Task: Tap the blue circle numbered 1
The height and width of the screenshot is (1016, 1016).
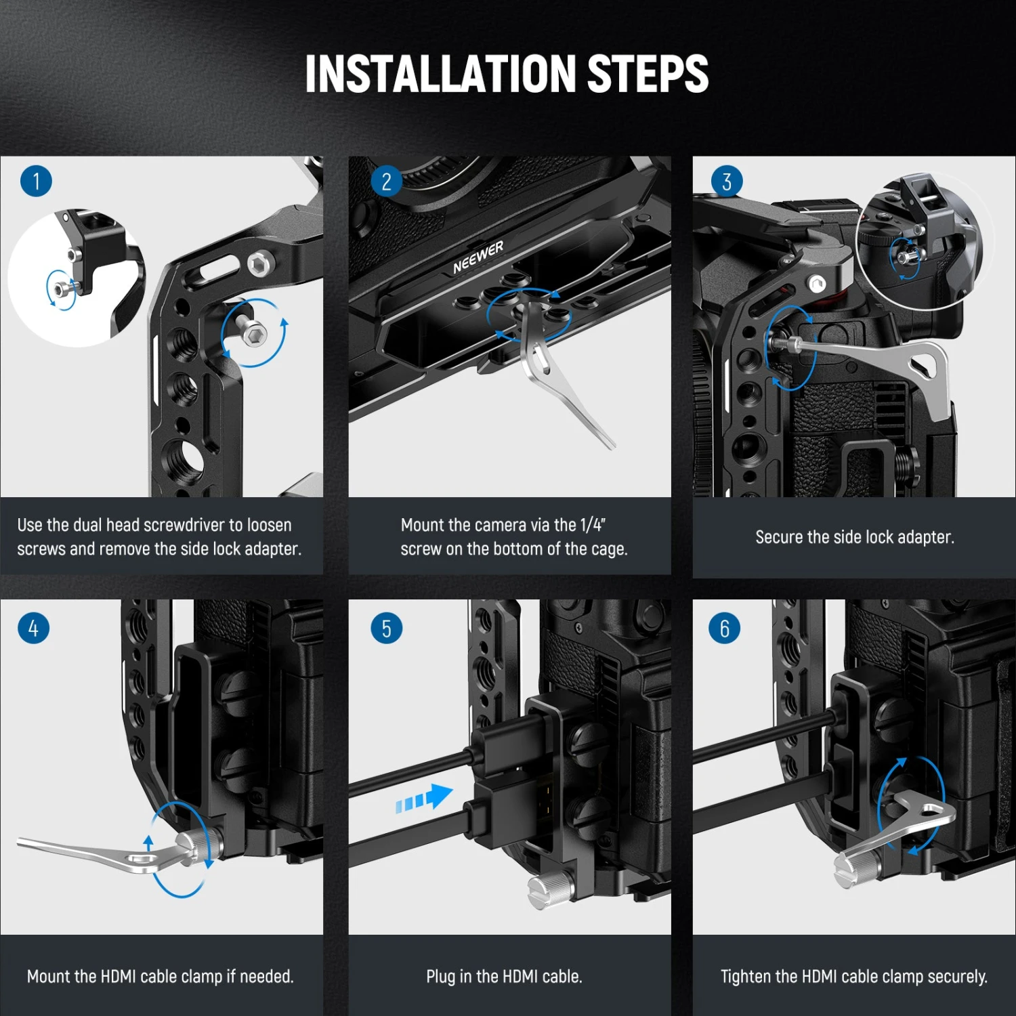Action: click(x=36, y=182)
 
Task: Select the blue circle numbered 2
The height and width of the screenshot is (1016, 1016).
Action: click(x=386, y=182)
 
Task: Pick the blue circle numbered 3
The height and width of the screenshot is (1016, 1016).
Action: click(x=726, y=182)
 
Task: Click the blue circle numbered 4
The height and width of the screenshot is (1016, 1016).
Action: click(x=33, y=628)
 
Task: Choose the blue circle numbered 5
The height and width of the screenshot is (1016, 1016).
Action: click(x=386, y=629)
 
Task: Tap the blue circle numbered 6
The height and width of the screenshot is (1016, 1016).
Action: click(x=724, y=629)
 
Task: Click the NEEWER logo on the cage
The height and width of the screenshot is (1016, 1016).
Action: click(x=478, y=257)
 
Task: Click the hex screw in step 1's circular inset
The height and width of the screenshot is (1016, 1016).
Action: click(x=62, y=289)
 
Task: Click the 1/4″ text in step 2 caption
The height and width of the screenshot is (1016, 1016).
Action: click(x=593, y=525)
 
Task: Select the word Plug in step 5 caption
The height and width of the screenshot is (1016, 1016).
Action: click(x=440, y=976)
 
